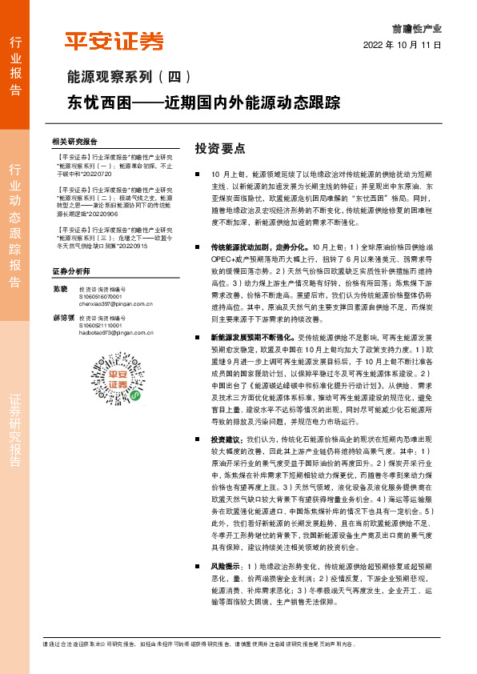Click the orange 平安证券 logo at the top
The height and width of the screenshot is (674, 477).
coord(114,41)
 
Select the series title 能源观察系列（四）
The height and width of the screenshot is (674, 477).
coord(129,78)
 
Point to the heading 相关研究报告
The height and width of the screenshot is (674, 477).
coord(74,140)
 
